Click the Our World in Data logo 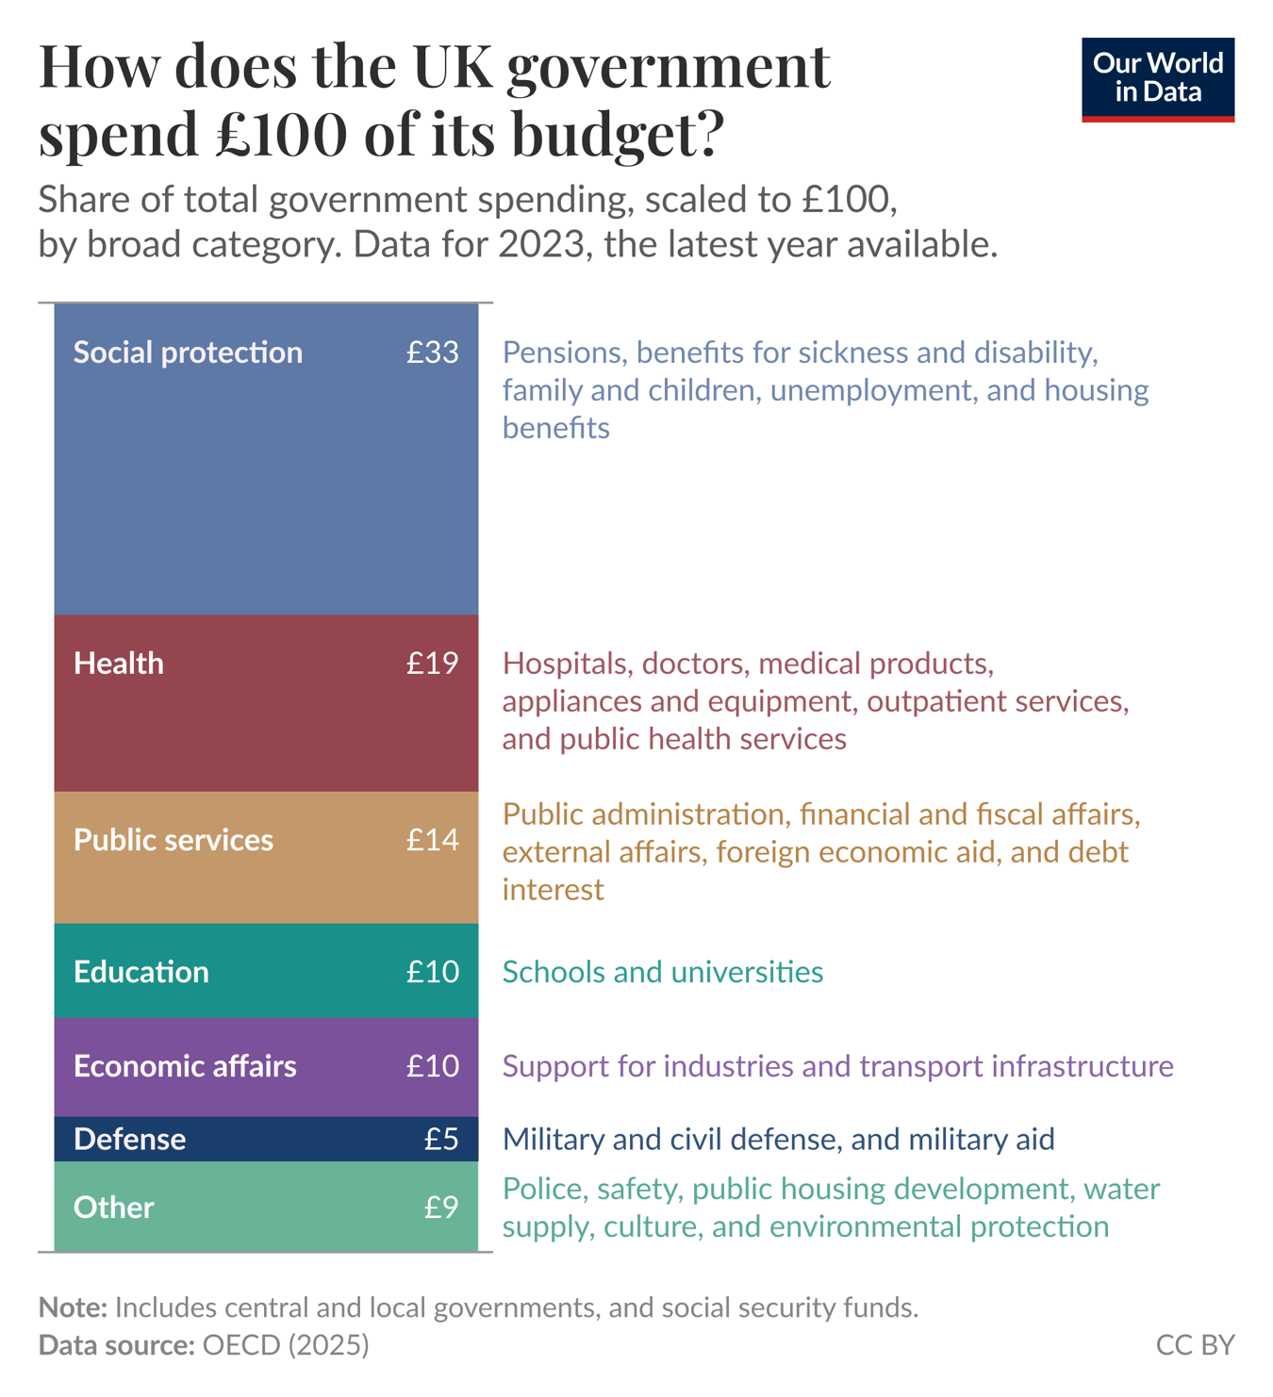[1157, 79]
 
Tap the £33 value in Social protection [433, 353]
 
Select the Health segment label [119, 664]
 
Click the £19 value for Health [433, 664]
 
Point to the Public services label [174, 840]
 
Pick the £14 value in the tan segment [433, 840]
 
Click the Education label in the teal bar [141, 972]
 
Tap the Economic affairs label [185, 1066]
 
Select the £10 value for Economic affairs [433, 1066]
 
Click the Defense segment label [130, 1140]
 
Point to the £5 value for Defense [441, 1140]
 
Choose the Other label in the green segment [114, 1208]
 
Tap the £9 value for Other [441, 1208]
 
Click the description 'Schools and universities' [662, 972]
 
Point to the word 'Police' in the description [544, 1189]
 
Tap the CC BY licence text [1195, 1345]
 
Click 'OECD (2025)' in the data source [286, 1345]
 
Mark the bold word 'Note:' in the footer [73, 1307]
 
